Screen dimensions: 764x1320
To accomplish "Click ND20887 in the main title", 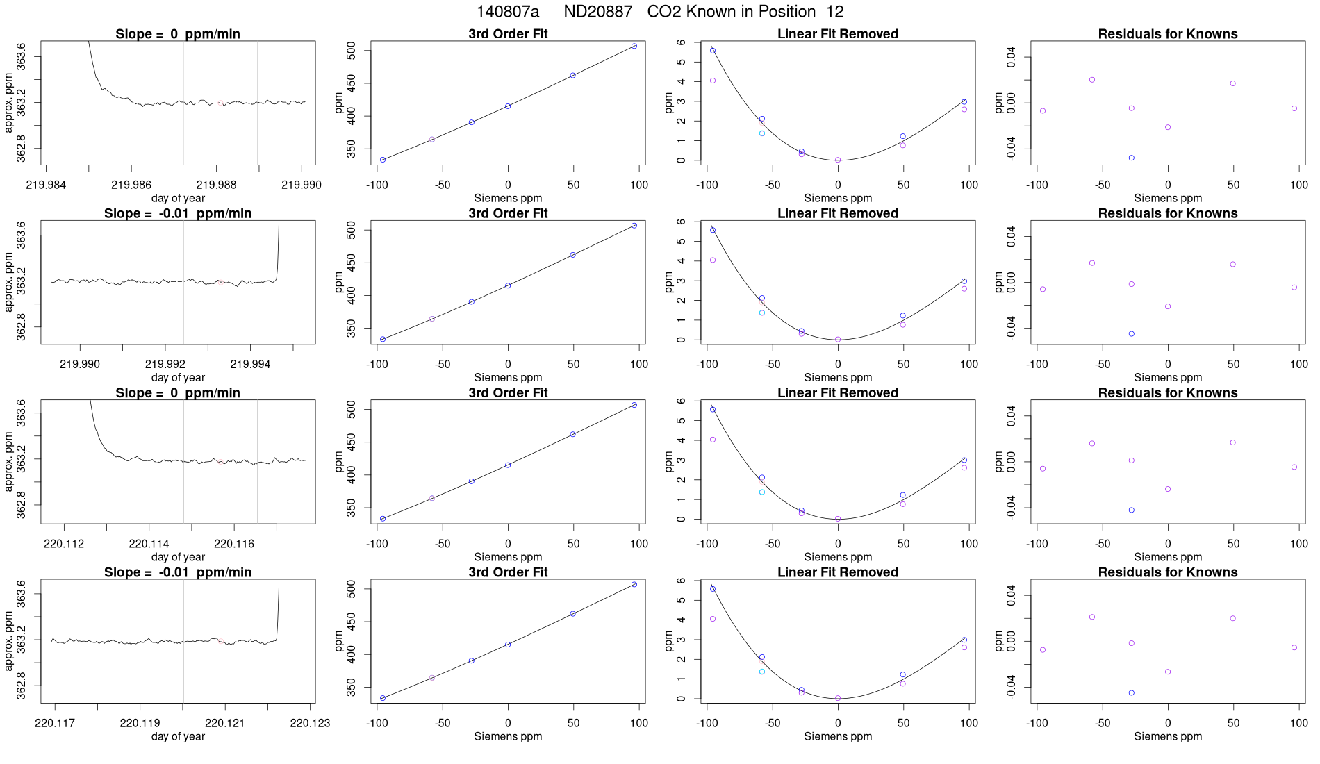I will (597, 12).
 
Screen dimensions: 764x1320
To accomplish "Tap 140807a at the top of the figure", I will (507, 12).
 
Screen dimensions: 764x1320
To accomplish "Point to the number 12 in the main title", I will (834, 12).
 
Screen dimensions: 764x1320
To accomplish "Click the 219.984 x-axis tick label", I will (46, 185).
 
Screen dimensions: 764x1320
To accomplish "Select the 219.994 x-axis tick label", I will (250, 364).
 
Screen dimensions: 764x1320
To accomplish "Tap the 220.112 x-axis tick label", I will (64, 544).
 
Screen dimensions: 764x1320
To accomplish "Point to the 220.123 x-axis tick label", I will (310, 723).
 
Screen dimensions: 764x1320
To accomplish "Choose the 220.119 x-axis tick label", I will (140, 723).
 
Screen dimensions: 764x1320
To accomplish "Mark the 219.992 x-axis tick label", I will (165, 364).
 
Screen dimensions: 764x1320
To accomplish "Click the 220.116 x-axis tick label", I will (234, 544).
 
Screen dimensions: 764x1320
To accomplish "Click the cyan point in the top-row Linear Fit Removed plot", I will (762, 133).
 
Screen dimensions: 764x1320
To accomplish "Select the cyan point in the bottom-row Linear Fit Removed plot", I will (762, 672).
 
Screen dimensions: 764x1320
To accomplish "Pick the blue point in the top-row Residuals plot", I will (1132, 158).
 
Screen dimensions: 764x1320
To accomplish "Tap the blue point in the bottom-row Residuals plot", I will (1132, 692).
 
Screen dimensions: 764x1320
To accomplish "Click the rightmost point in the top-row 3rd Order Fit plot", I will (634, 46).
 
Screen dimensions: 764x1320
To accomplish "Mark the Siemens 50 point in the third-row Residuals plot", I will (1233, 442).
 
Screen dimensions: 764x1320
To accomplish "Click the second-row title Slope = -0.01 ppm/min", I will (178, 213).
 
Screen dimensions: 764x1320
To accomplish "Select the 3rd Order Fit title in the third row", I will (508, 392).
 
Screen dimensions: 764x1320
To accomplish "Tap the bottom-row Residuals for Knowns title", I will (1168, 572).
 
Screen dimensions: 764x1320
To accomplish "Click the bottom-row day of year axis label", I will (178, 736).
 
